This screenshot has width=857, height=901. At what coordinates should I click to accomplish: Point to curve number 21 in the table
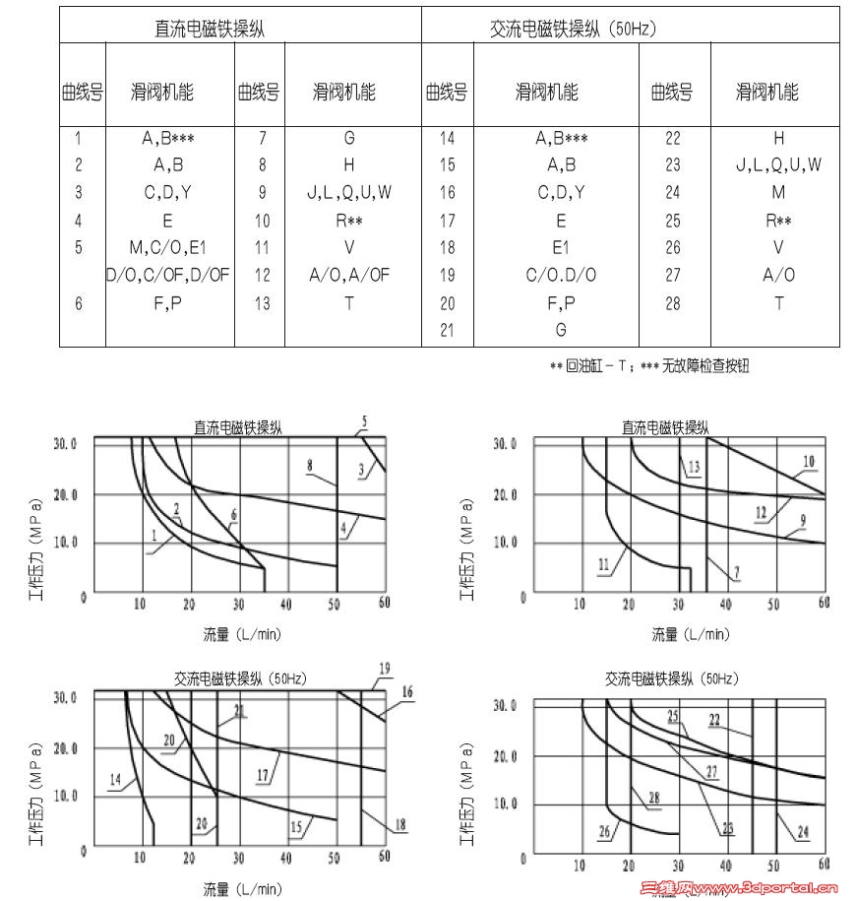click(447, 331)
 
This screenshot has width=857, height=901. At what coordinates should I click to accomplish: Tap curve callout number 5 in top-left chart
click(363, 422)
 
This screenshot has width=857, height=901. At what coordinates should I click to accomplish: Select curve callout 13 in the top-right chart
click(694, 467)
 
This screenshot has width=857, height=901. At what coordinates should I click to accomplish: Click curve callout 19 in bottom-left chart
click(385, 669)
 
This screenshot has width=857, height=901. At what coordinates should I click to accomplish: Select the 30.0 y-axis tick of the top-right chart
click(502, 444)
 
